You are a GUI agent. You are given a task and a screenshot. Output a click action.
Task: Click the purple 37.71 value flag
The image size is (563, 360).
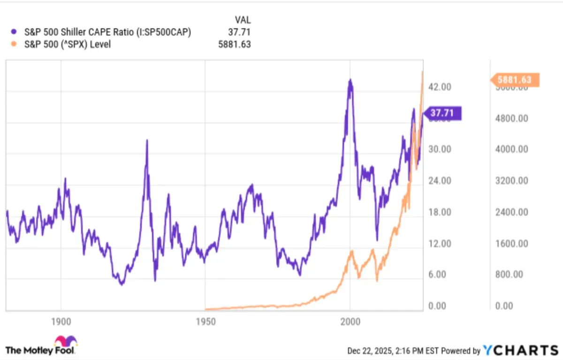pyautogui.click(x=443, y=114)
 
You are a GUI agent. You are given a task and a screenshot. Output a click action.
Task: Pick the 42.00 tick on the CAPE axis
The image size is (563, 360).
pyautogui.click(x=440, y=87)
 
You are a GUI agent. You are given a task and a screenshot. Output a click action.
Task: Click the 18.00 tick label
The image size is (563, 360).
pyautogui.click(x=440, y=212)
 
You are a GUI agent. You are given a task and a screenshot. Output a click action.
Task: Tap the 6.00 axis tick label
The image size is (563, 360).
pyautogui.click(x=440, y=275)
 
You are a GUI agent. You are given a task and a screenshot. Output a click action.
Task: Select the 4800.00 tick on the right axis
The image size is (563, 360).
pyautogui.click(x=512, y=118)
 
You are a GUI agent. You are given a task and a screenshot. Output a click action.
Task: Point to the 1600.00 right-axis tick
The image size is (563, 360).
pyautogui.click(x=512, y=244)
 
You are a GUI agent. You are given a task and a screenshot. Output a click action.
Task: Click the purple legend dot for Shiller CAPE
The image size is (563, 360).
pyautogui.click(x=14, y=32)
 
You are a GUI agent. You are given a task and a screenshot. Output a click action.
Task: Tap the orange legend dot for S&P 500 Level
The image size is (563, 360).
pyautogui.click(x=14, y=45)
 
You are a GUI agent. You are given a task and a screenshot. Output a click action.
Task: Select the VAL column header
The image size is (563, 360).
pyautogui.click(x=243, y=20)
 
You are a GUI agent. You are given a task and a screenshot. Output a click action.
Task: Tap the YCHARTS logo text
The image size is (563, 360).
pyautogui.click(x=521, y=350)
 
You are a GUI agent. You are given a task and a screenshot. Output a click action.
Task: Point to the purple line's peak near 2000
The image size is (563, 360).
pyautogui.click(x=350, y=80)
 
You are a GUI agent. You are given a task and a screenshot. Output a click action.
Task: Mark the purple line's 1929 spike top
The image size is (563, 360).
pyautogui.click(x=147, y=140)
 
